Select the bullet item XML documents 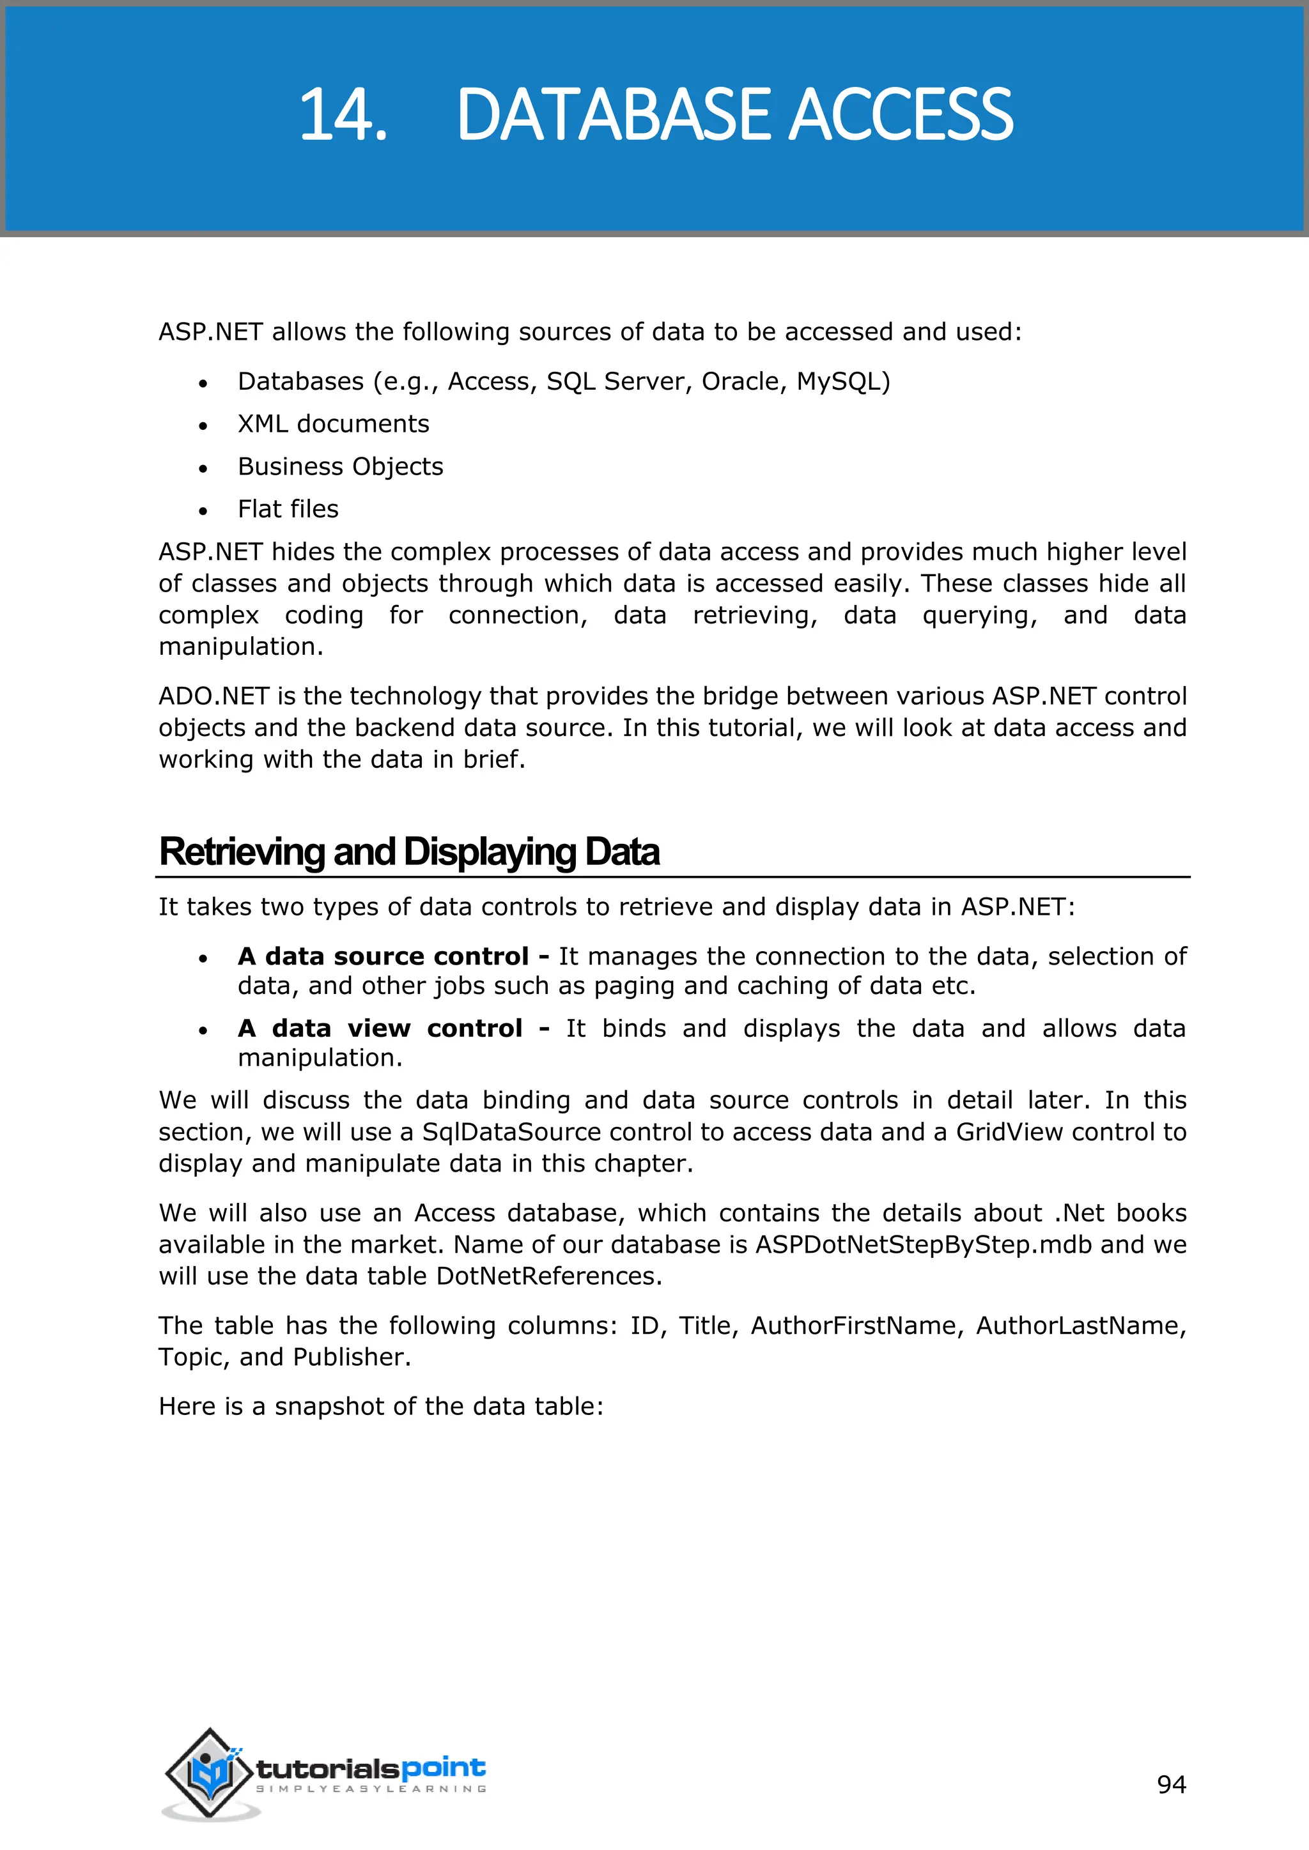click(x=333, y=424)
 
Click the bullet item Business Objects click(x=340, y=466)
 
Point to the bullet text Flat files click(x=288, y=509)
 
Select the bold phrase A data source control click(x=392, y=956)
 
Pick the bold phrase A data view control click(x=392, y=1029)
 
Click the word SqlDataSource click(x=511, y=1132)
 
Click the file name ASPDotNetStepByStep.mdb click(x=923, y=1245)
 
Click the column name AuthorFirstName click(x=853, y=1326)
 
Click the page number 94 click(x=1170, y=1785)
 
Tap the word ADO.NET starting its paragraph click(x=213, y=696)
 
